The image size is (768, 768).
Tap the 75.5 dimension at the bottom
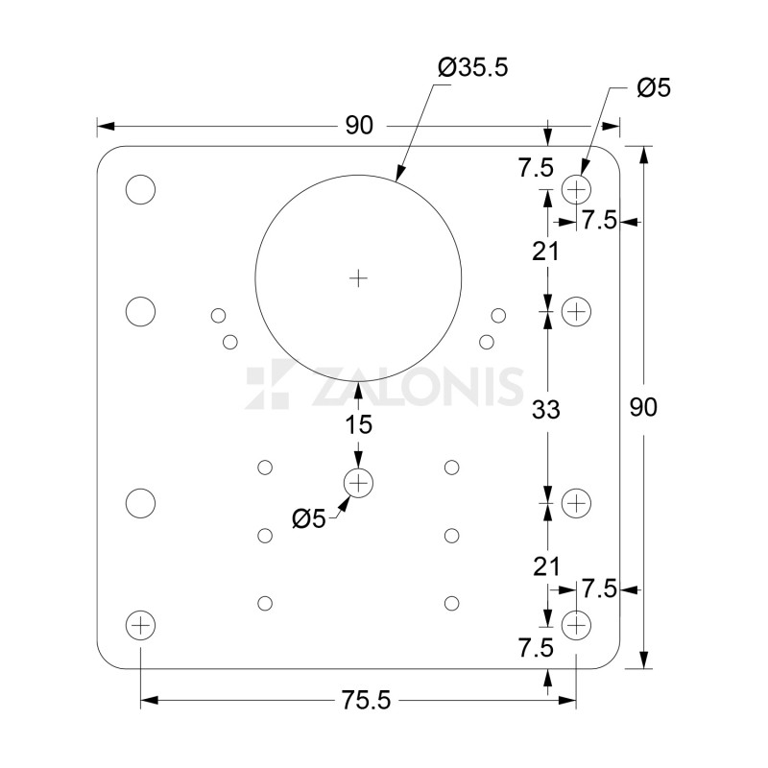point(365,701)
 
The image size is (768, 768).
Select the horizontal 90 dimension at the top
point(358,126)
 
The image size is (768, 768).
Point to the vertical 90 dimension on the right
point(643,407)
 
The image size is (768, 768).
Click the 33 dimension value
point(547,409)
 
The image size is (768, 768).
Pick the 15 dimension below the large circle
point(358,423)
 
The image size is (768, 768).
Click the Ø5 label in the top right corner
point(654,88)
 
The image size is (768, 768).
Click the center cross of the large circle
point(358,278)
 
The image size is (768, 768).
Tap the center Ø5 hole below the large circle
point(358,482)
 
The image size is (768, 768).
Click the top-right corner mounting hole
point(576,189)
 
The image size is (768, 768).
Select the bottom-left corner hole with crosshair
point(140,626)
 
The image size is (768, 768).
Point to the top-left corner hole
point(140,189)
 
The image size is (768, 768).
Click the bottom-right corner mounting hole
point(576,626)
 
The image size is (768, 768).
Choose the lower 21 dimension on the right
point(547,566)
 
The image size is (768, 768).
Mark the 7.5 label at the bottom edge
point(535,648)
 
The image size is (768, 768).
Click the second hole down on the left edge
point(140,311)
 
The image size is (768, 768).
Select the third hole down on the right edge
point(576,503)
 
